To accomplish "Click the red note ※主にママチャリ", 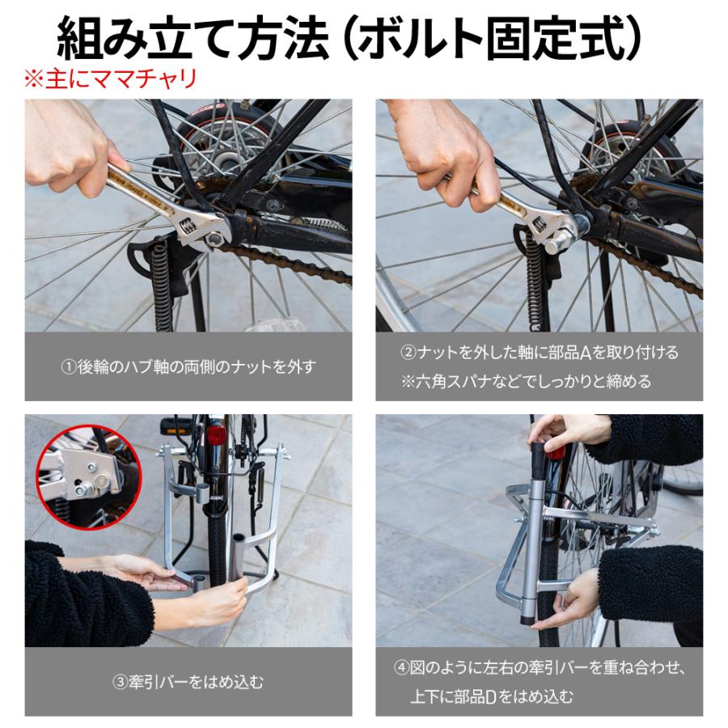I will click(109, 80).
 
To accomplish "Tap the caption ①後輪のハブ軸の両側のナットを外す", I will click(188, 366).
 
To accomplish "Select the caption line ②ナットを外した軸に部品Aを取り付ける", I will click(540, 353).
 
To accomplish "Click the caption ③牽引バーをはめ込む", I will click(188, 682).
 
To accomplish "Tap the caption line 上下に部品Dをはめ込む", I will click(491, 696).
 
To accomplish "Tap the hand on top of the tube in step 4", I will click(566, 430).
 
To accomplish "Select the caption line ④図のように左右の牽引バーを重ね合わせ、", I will click(540, 669).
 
